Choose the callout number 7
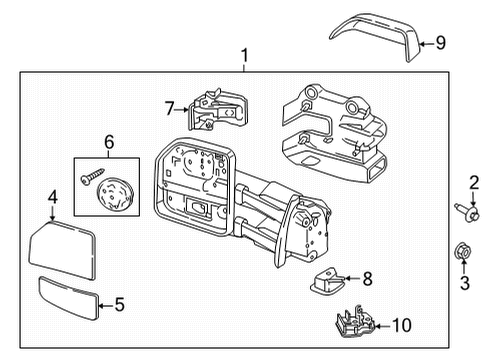pos(170,106)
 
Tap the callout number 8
pos(368,280)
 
